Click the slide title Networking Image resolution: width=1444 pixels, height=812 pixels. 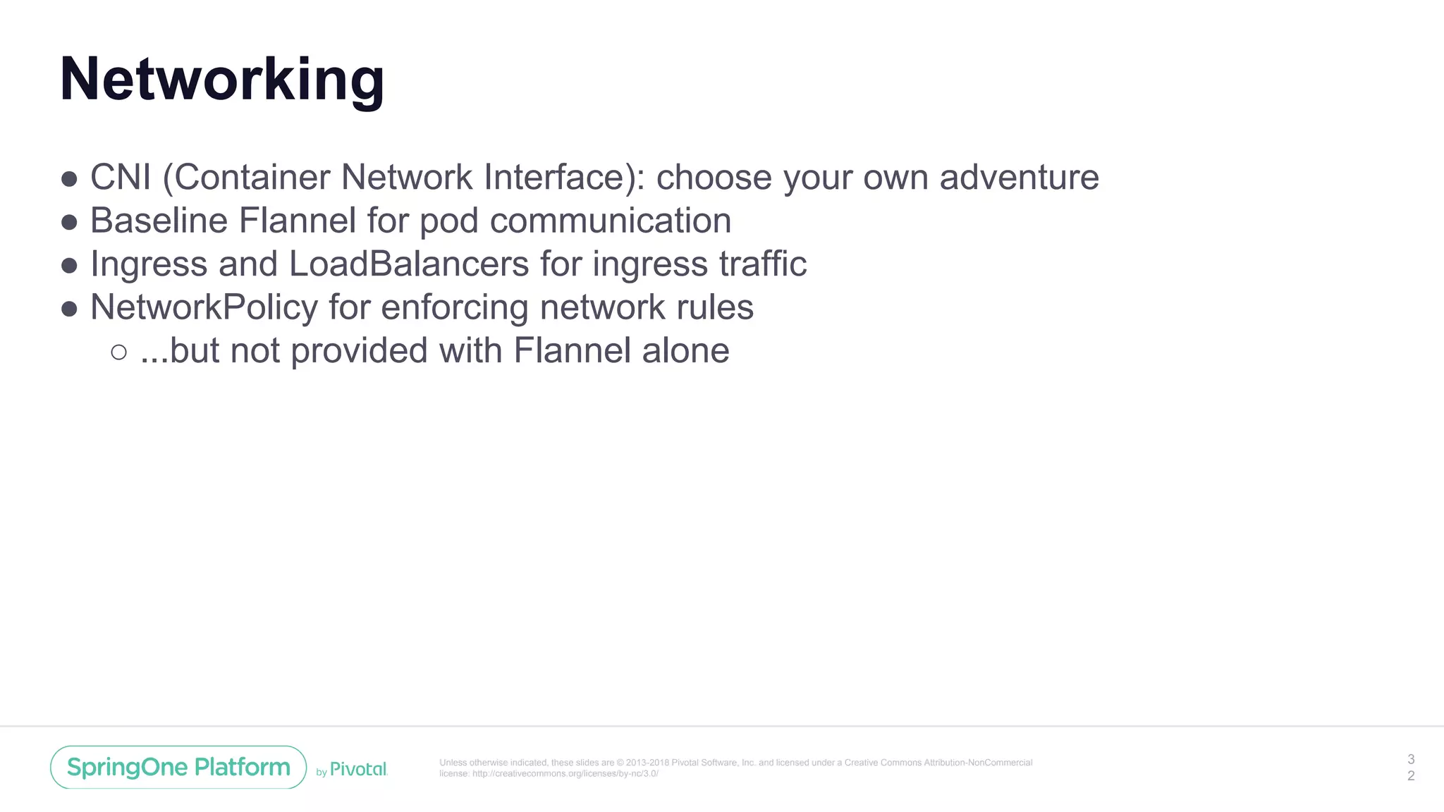point(222,80)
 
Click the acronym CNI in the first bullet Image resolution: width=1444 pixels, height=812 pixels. point(121,177)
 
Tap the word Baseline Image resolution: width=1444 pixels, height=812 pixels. point(159,221)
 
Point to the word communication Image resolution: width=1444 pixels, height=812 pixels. point(610,221)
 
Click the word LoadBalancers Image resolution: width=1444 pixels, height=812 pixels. point(409,264)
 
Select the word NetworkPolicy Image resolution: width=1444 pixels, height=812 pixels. point(204,307)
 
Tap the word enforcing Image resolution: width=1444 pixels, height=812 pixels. point(454,307)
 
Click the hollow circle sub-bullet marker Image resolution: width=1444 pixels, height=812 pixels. point(118,352)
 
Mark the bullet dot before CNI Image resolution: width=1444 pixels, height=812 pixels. point(69,179)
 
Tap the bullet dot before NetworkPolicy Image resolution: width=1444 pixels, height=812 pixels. point(69,309)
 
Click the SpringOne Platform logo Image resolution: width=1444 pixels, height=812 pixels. point(178,767)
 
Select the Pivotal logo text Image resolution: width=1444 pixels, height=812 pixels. point(358,769)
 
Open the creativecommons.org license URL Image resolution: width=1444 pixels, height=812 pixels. point(565,773)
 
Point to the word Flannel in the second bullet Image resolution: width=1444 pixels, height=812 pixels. point(297,221)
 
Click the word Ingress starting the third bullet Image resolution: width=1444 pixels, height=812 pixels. point(149,264)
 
